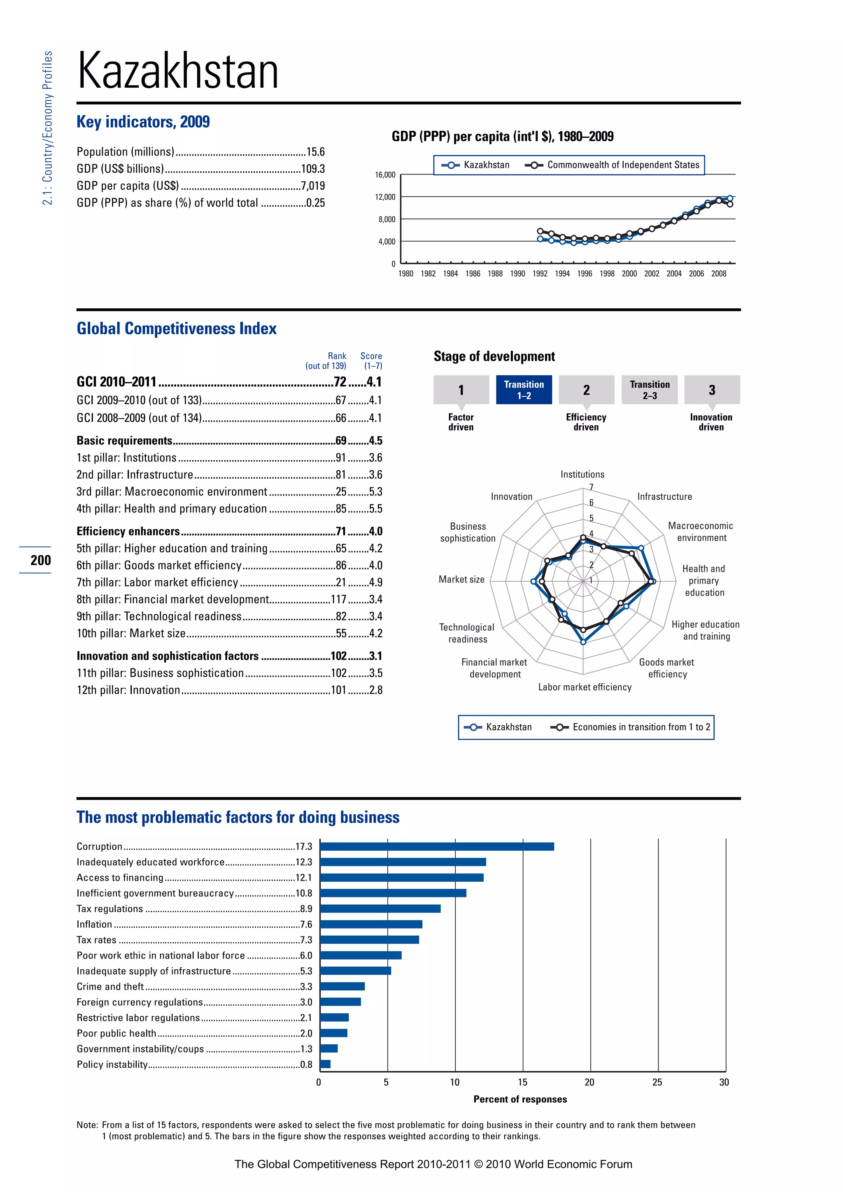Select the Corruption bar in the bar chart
437,847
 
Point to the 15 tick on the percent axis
522,1083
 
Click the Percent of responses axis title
520,1099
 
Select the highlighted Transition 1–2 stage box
524,390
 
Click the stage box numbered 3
712,390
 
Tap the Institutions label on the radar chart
582,475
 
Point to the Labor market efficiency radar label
585,687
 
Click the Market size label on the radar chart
461,580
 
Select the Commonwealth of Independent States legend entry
623,165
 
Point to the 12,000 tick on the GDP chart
385,197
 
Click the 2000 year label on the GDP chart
629,274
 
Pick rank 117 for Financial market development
338,600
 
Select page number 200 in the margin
40,560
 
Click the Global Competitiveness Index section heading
177,328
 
